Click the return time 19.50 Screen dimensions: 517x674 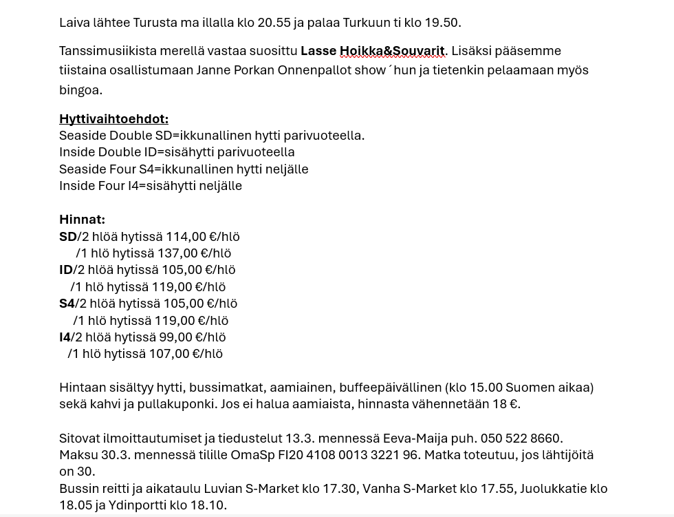[x=441, y=23]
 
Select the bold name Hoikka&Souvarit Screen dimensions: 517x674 [x=392, y=51]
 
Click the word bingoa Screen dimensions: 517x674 [x=80, y=90]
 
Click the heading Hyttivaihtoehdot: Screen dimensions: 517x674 [x=113, y=119]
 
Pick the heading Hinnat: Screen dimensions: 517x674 [x=82, y=220]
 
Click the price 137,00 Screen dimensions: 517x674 [x=177, y=253]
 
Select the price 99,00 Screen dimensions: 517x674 [x=175, y=337]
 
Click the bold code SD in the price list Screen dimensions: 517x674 [x=68, y=237]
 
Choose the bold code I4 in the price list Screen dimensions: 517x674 [x=65, y=337]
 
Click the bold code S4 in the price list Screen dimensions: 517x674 [x=67, y=304]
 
